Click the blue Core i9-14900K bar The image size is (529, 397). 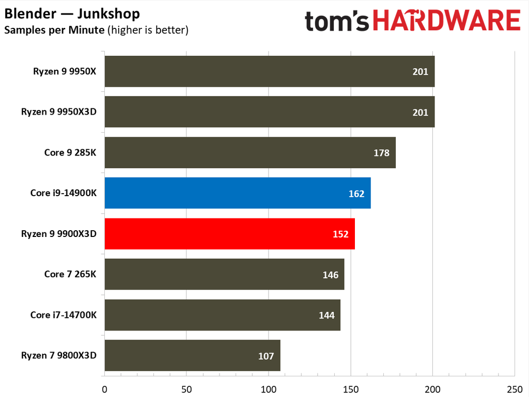pos(238,193)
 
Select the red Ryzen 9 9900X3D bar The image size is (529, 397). pos(229,234)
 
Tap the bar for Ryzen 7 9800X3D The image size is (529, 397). pos(192,355)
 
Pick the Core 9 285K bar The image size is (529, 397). pos(250,152)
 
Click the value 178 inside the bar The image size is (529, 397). pos(381,153)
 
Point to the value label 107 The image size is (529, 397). pos(266,356)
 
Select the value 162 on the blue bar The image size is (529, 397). pos(356,194)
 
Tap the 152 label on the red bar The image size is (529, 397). pos(340,234)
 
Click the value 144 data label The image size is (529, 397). pos(326,315)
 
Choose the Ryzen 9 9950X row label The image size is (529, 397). pos(65,71)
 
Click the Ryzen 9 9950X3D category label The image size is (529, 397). pos(59,112)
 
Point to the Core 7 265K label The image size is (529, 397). pos(70,274)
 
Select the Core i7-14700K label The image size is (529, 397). pos(64,315)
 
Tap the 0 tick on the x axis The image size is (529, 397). pos(104,389)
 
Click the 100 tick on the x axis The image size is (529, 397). pos(269,389)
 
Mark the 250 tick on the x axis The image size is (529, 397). pos(515,389)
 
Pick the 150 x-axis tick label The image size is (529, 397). pos(351,389)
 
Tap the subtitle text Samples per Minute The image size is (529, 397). pos(54,30)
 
